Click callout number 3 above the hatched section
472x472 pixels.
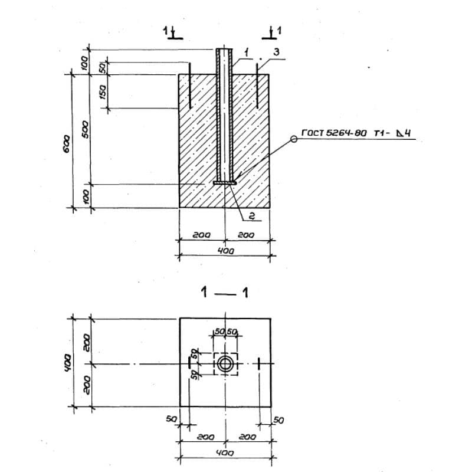tap(277, 53)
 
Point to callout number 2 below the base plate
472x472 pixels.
tap(251, 217)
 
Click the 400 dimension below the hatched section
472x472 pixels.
tap(225, 251)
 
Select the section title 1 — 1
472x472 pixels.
tap(224, 292)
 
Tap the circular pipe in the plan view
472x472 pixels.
tap(225, 363)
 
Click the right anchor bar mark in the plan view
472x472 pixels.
tap(259, 363)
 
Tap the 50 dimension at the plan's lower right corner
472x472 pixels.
tap(279, 420)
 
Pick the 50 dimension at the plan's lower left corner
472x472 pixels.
tap(172, 418)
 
